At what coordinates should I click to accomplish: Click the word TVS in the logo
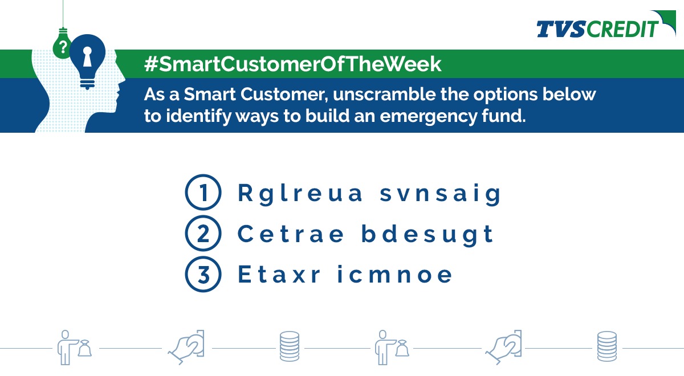click(560, 28)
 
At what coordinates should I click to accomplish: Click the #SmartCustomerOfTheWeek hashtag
click(293, 64)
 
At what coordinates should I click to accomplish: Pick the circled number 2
click(203, 234)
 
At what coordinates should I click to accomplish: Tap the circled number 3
click(203, 275)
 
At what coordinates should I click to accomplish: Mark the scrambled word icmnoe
click(394, 275)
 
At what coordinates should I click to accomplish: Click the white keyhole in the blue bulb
click(87, 58)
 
